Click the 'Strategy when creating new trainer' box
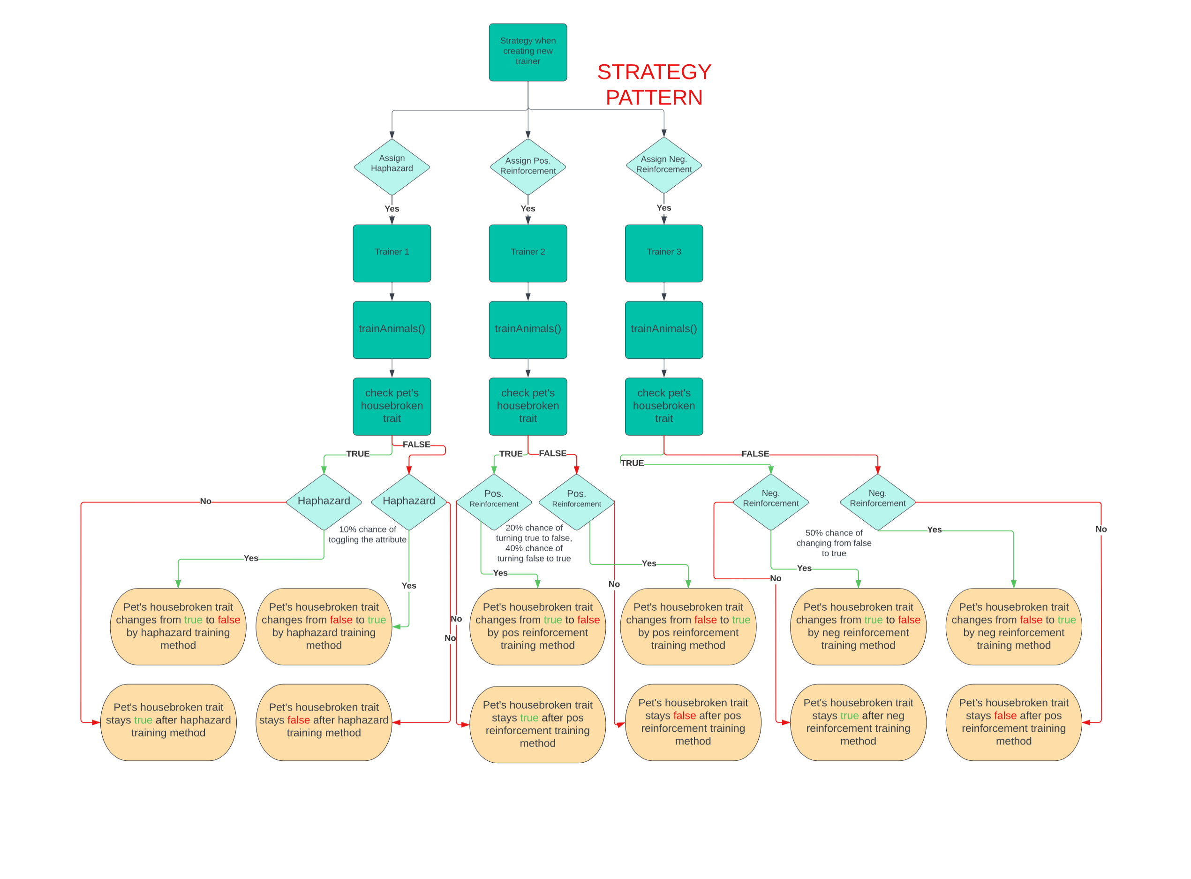(x=528, y=52)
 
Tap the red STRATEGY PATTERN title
(x=654, y=84)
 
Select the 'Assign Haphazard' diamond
(x=392, y=167)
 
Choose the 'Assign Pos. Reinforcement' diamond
(x=528, y=167)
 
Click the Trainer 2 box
(x=528, y=253)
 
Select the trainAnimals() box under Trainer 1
(x=392, y=330)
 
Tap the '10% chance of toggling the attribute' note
(x=367, y=534)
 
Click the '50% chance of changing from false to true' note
(x=834, y=543)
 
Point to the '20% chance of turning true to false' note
(x=534, y=543)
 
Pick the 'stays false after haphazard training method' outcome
(x=324, y=722)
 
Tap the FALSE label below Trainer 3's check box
(x=755, y=454)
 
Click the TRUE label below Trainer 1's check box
(x=357, y=454)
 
